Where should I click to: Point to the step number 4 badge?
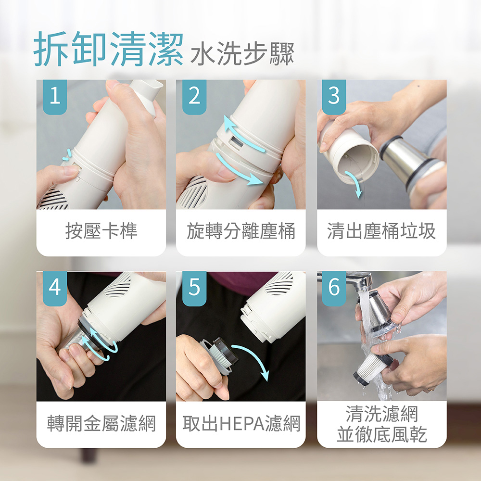(55, 288)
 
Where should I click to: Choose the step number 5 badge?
(194, 288)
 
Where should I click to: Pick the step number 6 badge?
(334, 288)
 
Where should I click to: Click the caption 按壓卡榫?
(101, 231)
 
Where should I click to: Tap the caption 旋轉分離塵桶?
(241, 231)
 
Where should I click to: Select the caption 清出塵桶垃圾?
(381, 231)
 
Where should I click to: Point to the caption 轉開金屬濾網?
(101, 423)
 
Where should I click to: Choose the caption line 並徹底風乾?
(382, 434)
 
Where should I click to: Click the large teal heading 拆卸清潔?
(108, 49)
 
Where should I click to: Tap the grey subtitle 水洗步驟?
(242, 54)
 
